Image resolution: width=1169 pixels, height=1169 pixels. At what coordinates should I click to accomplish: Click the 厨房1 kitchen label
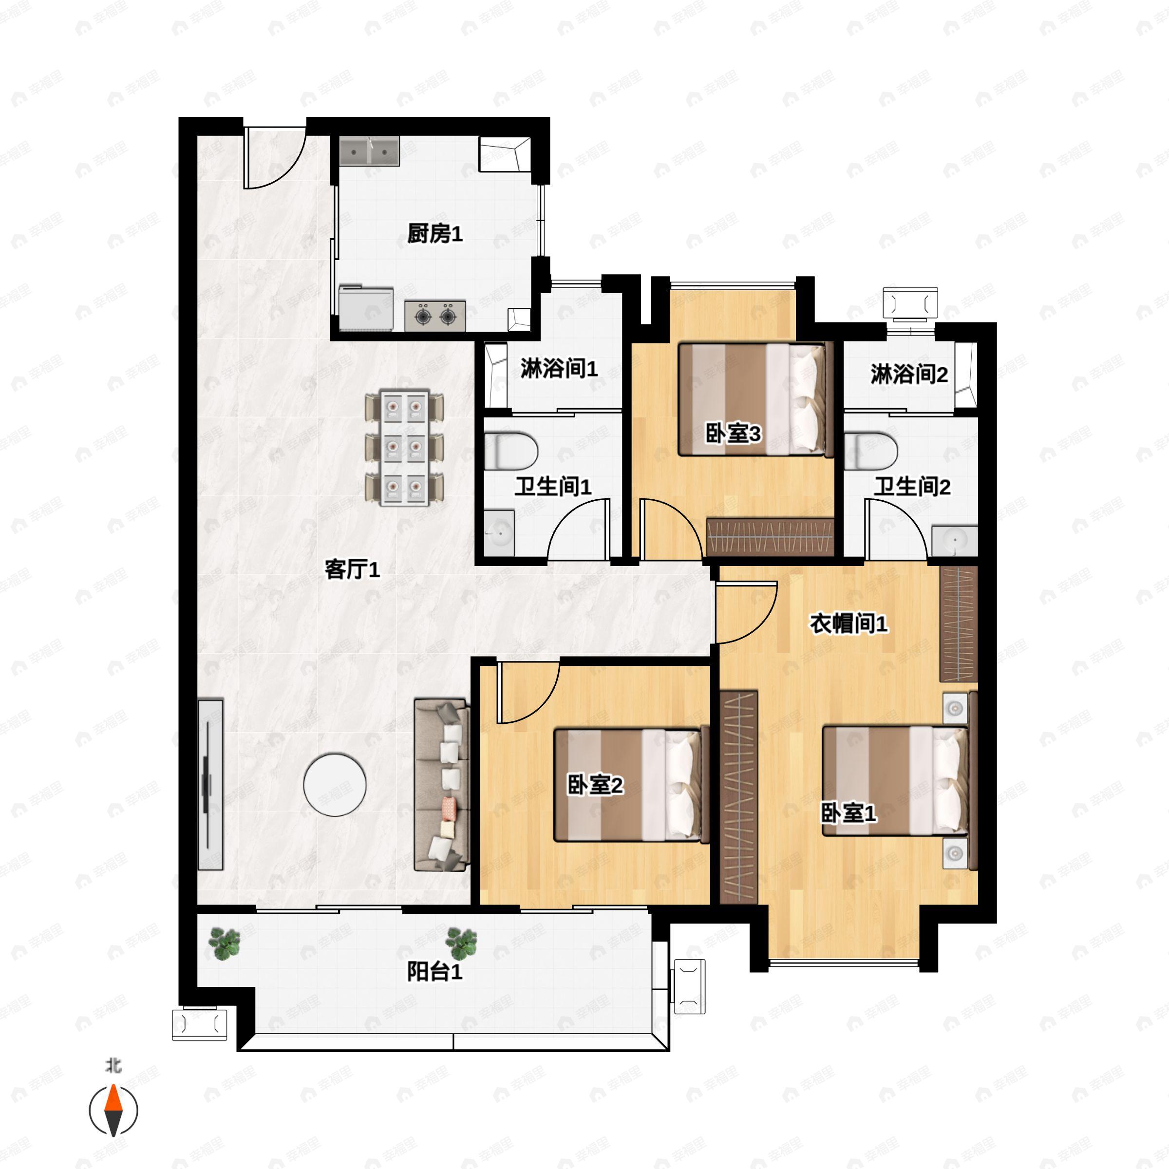[x=434, y=234]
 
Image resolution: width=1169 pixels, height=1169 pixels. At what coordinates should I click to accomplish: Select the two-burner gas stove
[x=435, y=315]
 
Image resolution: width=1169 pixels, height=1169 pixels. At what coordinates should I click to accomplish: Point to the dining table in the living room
[x=404, y=448]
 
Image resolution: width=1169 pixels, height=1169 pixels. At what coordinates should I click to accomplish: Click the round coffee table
[x=335, y=785]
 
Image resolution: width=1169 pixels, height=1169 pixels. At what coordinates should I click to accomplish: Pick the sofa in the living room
[x=442, y=785]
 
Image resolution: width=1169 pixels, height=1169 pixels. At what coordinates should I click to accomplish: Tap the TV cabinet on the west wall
[x=210, y=785]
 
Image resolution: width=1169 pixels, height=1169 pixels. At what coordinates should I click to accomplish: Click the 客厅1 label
[x=352, y=569]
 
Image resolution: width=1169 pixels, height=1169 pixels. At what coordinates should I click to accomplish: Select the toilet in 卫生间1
[x=510, y=451]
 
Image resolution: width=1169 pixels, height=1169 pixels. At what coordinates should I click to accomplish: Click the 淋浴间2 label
[x=909, y=374]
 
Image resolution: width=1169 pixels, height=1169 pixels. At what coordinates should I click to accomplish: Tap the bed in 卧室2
[x=632, y=785]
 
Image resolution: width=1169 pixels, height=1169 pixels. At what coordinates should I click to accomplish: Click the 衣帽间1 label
[x=848, y=623]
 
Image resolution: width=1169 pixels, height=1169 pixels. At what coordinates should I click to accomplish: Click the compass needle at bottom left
[x=113, y=1111]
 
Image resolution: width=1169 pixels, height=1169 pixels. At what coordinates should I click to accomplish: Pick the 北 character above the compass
[x=113, y=1066]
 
